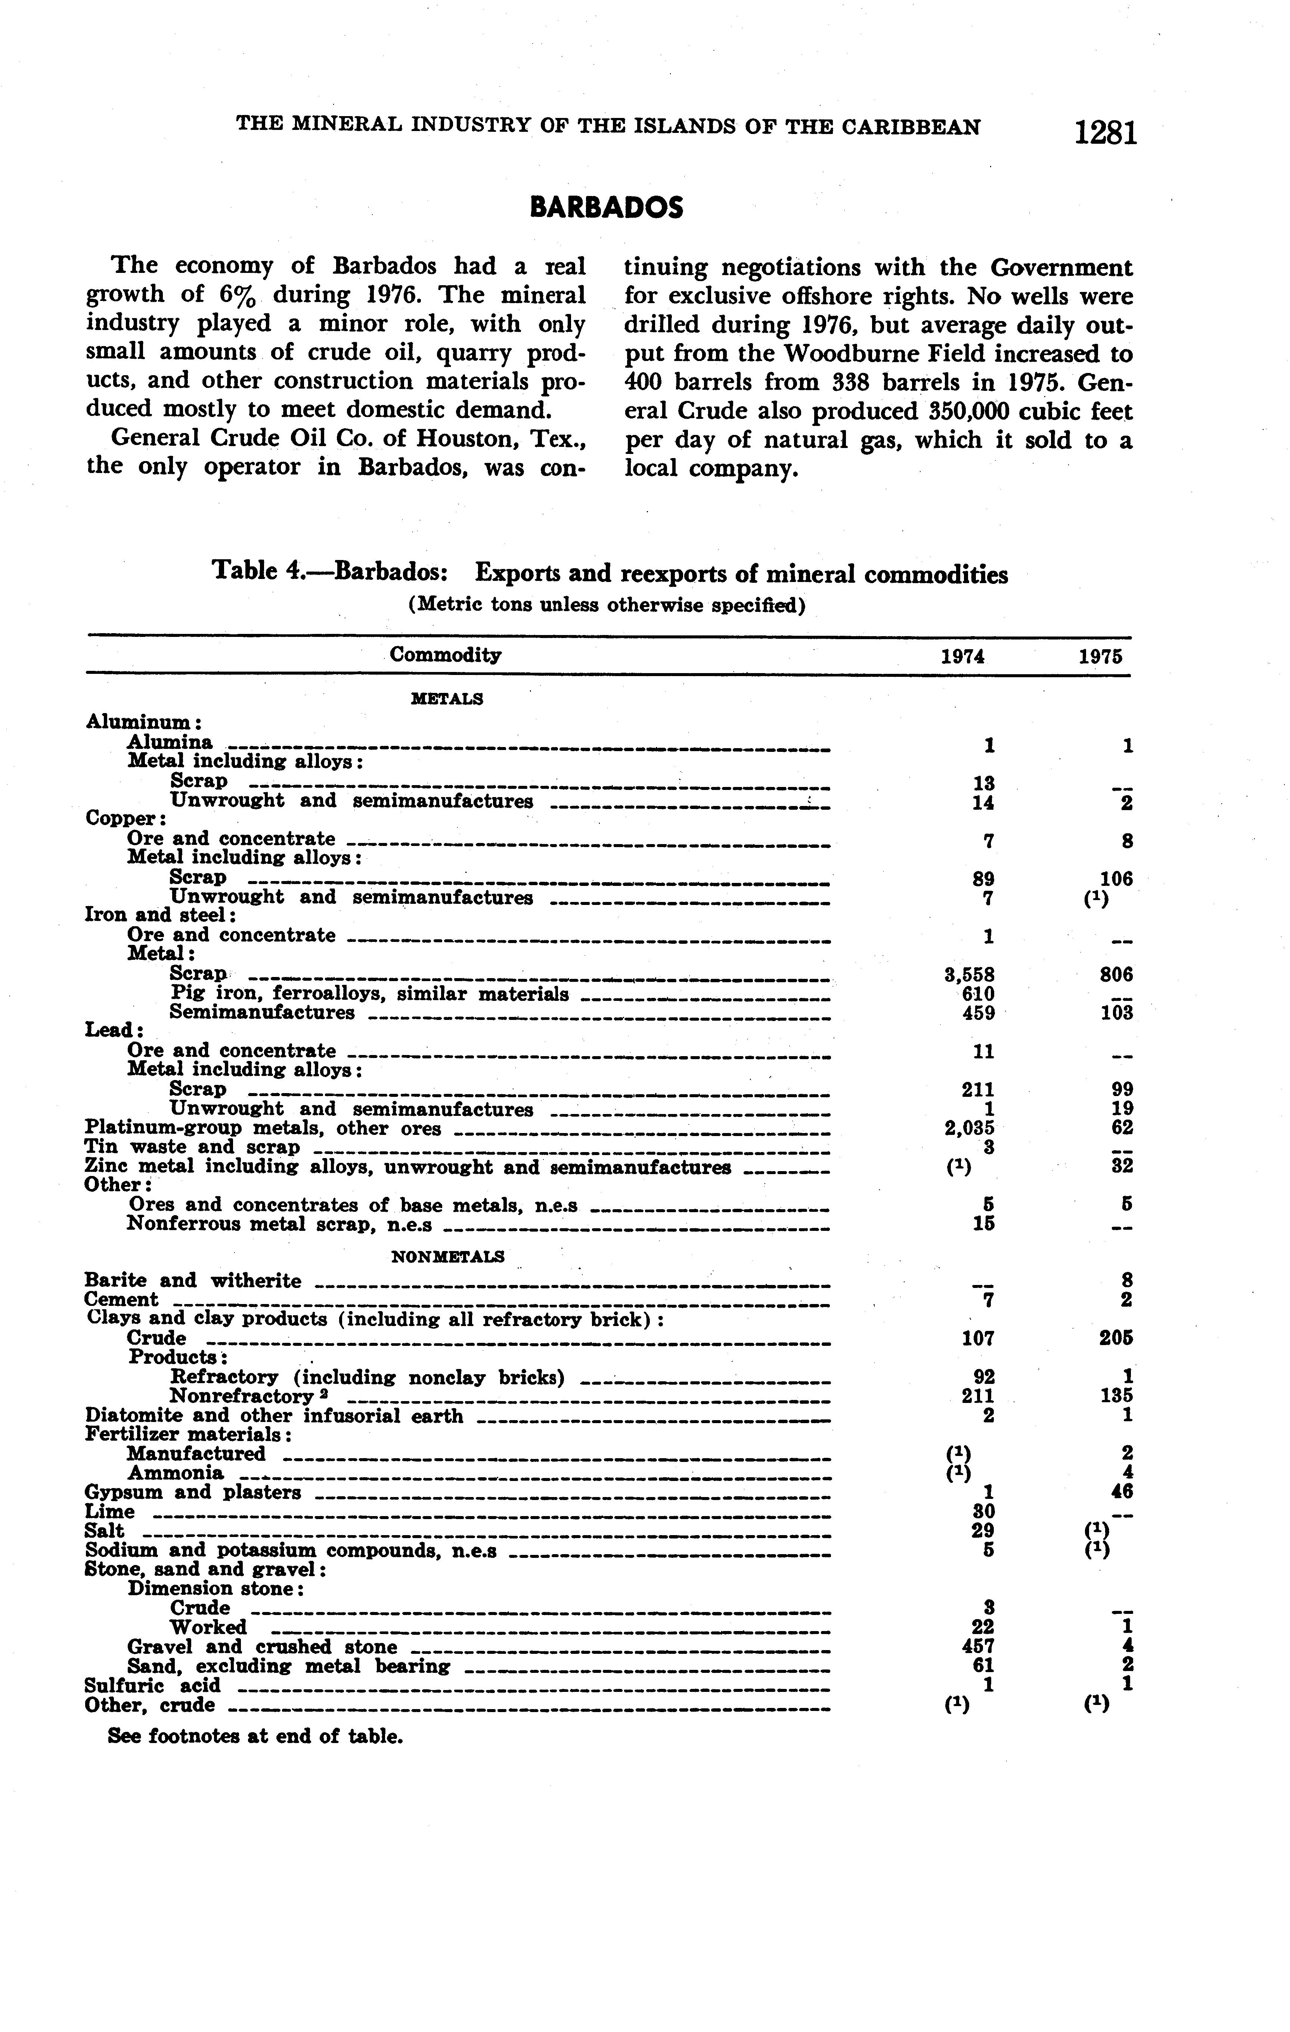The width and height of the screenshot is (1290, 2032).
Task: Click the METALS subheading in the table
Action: pos(447,699)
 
